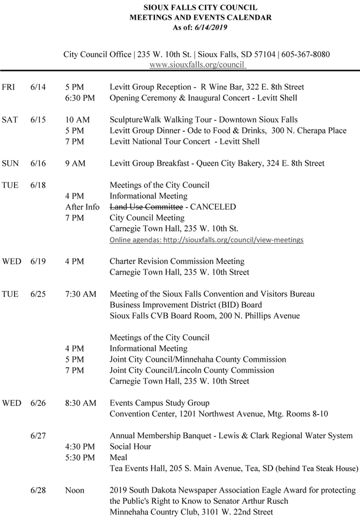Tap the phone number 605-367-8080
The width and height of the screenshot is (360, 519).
tap(305, 54)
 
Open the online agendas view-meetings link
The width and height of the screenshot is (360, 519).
tap(206, 240)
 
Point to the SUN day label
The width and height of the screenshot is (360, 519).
tap(10, 163)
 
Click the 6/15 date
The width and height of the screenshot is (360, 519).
tap(37, 119)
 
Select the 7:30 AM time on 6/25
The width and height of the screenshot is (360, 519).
tap(80, 294)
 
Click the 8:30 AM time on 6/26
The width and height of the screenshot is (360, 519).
tap(80, 403)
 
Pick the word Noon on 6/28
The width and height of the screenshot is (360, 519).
tap(75, 490)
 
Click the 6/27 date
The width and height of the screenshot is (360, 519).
tap(38, 435)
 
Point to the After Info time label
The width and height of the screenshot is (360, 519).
tap(82, 207)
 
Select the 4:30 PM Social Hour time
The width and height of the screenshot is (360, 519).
tap(80, 446)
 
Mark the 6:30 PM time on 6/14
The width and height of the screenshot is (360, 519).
tap(80, 98)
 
